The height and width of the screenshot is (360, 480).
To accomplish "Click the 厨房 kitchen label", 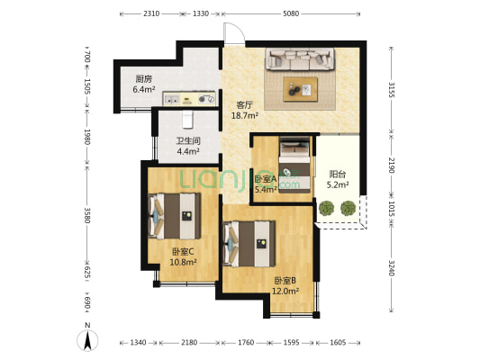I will coord(143,78).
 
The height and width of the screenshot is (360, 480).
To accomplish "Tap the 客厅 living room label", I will coord(245,104).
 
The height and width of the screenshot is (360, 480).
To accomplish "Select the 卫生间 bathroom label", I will coord(187,140).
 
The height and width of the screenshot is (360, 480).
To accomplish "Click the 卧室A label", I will coord(265,178).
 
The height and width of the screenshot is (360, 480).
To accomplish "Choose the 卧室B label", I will coord(286,280).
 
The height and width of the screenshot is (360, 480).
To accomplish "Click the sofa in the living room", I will coord(300,61).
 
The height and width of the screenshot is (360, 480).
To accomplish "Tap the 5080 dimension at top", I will coord(290,14).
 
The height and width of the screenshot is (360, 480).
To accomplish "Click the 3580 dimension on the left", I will coord(86,216).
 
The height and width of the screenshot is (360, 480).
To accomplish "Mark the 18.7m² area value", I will coord(245,116).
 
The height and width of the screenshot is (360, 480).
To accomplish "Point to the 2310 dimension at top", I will coord(151,14).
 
